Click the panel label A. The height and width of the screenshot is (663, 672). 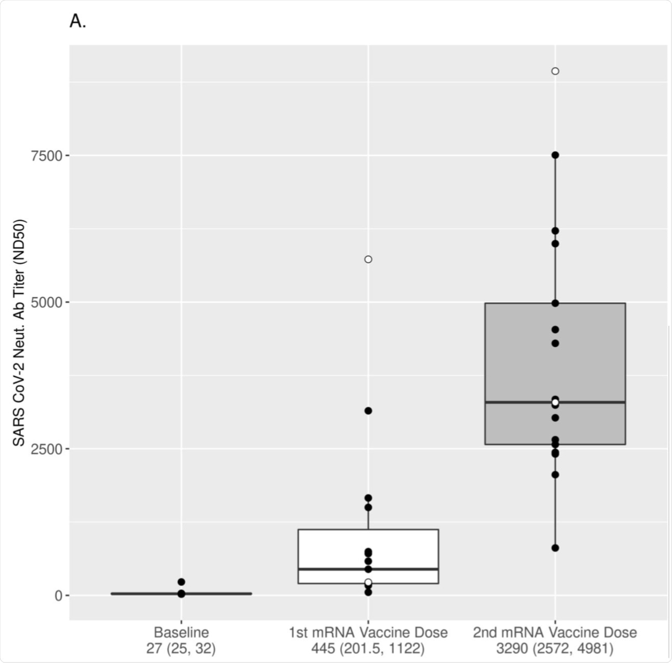click(x=77, y=22)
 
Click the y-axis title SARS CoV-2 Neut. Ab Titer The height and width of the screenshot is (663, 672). click(x=19, y=333)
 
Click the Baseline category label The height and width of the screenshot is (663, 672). click(x=181, y=633)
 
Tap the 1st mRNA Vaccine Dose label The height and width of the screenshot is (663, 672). click(x=368, y=633)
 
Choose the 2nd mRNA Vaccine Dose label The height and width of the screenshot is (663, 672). click(x=554, y=633)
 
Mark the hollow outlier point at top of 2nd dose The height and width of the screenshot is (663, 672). click(x=555, y=71)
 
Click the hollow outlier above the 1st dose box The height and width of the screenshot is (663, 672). click(x=368, y=259)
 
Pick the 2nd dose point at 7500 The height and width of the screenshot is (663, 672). click(x=555, y=155)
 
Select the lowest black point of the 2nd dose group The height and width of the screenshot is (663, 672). click(x=555, y=548)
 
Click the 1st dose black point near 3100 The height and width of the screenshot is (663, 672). click(x=368, y=411)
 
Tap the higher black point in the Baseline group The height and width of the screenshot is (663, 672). click(x=182, y=582)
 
